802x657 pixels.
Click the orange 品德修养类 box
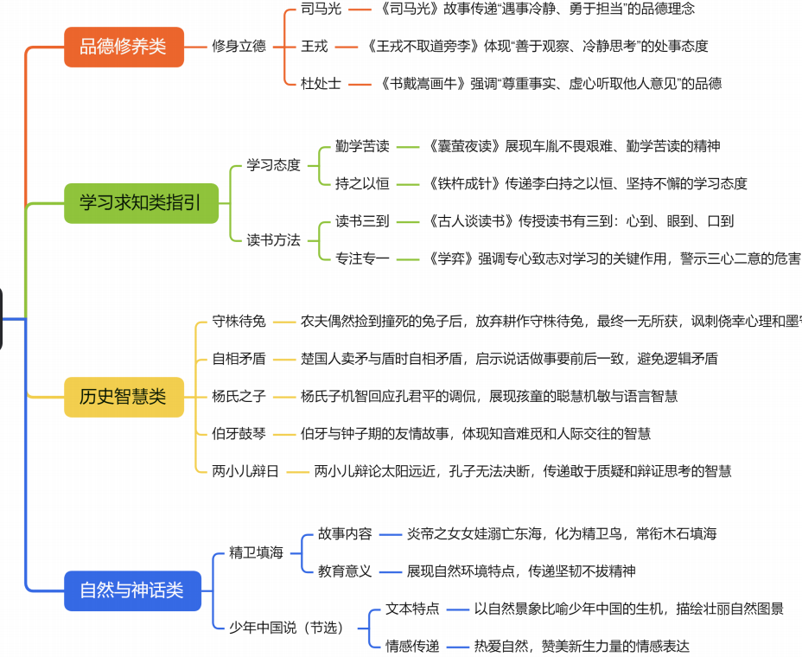(x=124, y=46)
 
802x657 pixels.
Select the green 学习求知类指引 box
(x=141, y=203)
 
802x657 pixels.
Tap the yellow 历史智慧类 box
(x=124, y=397)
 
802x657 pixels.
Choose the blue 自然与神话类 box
(x=132, y=590)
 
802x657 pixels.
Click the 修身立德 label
(x=239, y=46)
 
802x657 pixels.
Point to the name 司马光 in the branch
(x=321, y=9)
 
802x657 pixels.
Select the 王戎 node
(x=314, y=46)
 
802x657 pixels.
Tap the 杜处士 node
(x=321, y=84)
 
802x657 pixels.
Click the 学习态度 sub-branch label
(x=274, y=164)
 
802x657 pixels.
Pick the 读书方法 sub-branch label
(x=274, y=239)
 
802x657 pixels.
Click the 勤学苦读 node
(x=362, y=146)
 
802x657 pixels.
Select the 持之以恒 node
(x=362, y=183)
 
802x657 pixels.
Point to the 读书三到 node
(x=362, y=220)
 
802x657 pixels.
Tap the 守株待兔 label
(x=239, y=322)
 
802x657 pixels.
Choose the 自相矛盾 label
(x=239, y=359)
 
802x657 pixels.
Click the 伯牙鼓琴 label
(x=239, y=433)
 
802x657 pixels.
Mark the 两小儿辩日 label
(x=246, y=471)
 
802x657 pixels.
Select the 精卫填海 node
(x=257, y=552)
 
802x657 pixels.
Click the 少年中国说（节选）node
(x=286, y=627)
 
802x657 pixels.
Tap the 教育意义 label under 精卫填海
(x=345, y=571)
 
